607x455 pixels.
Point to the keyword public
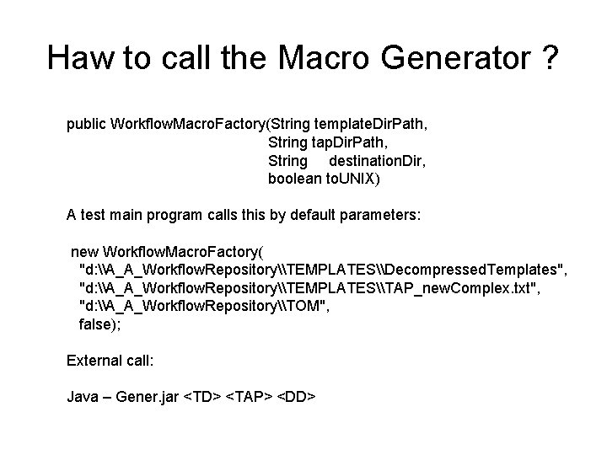(x=86, y=125)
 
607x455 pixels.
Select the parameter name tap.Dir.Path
(x=346, y=142)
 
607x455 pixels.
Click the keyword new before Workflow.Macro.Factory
(x=84, y=251)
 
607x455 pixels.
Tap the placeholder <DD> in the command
(x=296, y=396)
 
